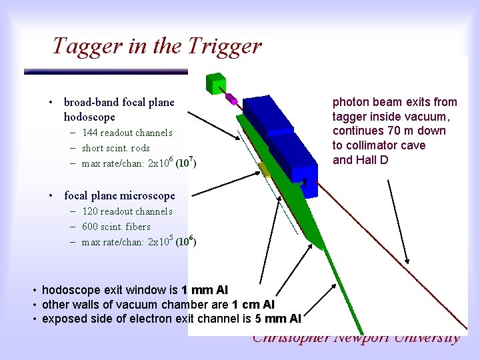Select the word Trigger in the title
coord(224,47)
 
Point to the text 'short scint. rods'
coord(116,148)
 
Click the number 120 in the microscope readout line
coord(90,211)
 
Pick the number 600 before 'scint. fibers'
coord(90,227)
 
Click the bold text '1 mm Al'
coord(204,290)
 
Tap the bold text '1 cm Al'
coord(253,305)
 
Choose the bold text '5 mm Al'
coord(278,319)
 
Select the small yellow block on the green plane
coord(265,171)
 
